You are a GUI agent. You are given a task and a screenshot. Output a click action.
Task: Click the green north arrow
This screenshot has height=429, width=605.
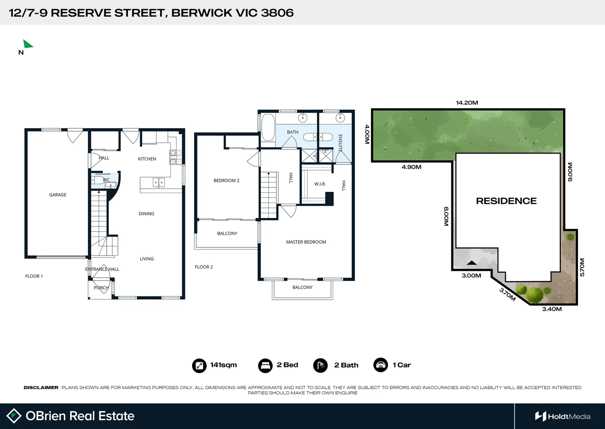coord(27,44)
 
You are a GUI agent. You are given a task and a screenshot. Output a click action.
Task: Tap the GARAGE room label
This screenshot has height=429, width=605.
coord(58,195)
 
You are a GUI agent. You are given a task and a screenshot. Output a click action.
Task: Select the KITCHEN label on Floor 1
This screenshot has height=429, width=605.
coord(147,159)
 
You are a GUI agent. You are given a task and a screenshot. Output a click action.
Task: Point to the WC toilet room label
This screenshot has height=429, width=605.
coord(106,180)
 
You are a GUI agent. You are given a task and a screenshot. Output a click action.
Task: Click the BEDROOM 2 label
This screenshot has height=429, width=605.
coord(226,180)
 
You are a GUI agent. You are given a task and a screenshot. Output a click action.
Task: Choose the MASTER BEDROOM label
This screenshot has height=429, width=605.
coord(306,242)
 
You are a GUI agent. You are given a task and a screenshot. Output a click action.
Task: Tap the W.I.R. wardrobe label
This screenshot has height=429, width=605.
coord(320,184)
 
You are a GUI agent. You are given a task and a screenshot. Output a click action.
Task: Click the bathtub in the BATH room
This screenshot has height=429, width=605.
coord(268,128)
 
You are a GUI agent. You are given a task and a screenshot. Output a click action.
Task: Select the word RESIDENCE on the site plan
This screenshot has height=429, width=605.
coord(506,201)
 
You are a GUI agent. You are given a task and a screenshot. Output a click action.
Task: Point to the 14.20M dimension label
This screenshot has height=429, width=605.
coord(467,102)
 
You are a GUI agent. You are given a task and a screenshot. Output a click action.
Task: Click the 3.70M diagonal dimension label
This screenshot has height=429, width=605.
coord(507,294)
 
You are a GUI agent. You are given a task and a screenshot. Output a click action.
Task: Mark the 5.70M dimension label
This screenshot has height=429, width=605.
coord(582,267)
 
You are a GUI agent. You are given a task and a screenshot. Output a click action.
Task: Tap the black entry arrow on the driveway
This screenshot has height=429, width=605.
coord(472,263)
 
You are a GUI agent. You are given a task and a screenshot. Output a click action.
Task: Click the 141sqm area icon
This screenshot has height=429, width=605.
coord(199,365)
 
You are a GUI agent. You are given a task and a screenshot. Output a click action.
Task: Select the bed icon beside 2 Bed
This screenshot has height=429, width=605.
coord(265,365)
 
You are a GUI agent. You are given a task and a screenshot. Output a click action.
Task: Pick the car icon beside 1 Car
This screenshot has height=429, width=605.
coord(381,365)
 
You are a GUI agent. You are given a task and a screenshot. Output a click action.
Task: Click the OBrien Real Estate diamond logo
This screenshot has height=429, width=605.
coord(14,416)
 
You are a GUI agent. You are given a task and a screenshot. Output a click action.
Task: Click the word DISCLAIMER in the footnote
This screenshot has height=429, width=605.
coord(41,387)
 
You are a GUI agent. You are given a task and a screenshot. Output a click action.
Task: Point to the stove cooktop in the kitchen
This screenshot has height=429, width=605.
coord(176,157)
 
